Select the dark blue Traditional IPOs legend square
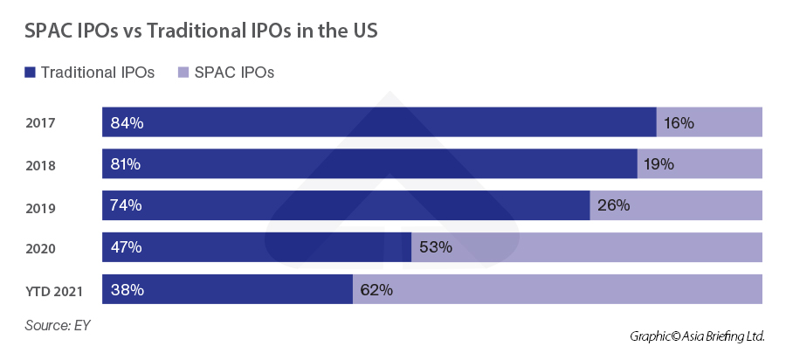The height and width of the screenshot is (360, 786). (31, 73)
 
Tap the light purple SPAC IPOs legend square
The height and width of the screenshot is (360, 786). (172, 73)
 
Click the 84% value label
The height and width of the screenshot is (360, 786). (127, 123)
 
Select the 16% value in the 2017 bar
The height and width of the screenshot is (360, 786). (679, 123)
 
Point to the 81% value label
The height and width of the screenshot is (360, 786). (127, 164)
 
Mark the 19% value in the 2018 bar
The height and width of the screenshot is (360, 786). (659, 164)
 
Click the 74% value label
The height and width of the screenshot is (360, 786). (127, 206)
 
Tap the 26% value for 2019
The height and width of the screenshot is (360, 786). (613, 206)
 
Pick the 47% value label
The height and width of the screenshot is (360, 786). (127, 247)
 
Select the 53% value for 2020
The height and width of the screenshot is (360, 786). (435, 247)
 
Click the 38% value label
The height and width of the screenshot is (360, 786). (127, 289)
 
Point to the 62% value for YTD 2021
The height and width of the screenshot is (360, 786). (376, 289)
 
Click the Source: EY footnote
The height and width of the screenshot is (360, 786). (58, 325)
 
